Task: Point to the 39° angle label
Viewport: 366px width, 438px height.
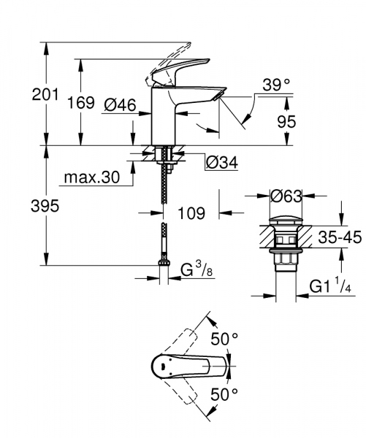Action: coord(276,85)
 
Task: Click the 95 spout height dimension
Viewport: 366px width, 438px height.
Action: coord(286,121)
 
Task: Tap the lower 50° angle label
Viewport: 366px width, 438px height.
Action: coord(224,393)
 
